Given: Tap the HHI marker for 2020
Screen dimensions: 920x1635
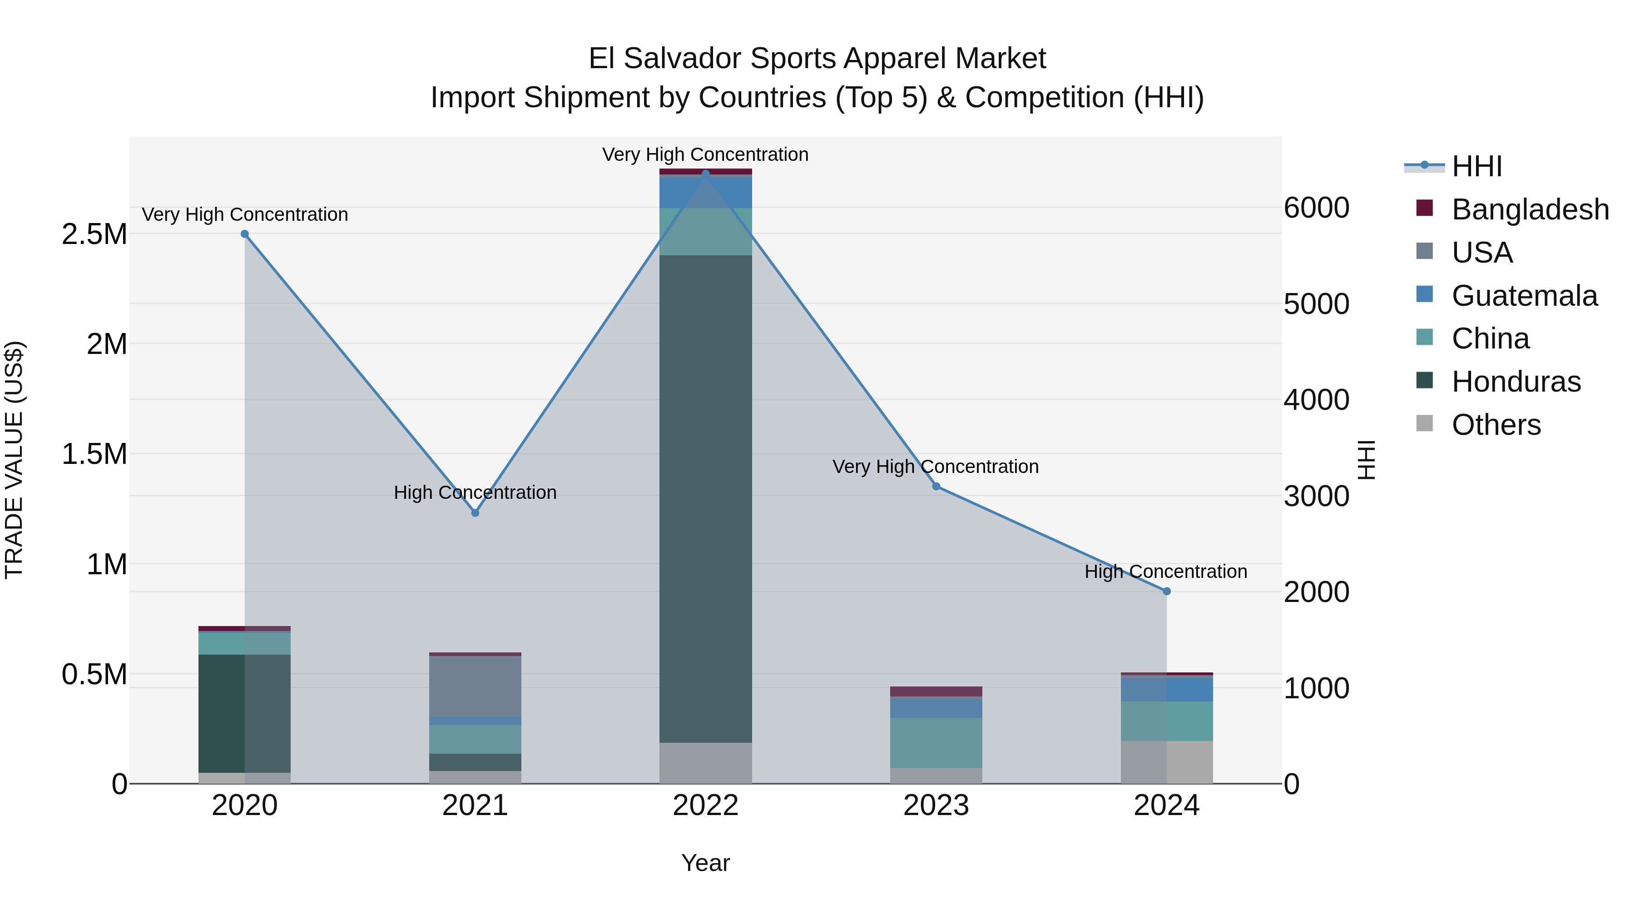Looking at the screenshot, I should tap(244, 234).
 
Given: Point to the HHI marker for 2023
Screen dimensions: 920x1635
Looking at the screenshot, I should tap(936, 486).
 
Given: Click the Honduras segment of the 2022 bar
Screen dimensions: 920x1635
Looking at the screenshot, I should tap(705, 498).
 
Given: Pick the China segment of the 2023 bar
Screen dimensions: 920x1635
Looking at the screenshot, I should tap(936, 742).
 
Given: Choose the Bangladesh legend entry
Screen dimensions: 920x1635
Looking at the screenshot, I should tap(1530, 209).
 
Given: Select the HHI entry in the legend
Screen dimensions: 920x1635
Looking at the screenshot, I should tap(1476, 166).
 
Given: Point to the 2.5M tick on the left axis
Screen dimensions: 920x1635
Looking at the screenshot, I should tap(94, 234).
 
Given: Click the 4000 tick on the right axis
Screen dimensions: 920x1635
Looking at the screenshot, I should tap(1316, 400).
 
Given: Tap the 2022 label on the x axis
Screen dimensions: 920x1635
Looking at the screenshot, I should tap(705, 806).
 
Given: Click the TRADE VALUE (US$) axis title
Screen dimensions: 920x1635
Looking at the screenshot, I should tap(14, 460).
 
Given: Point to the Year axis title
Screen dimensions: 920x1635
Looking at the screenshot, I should tap(705, 863).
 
